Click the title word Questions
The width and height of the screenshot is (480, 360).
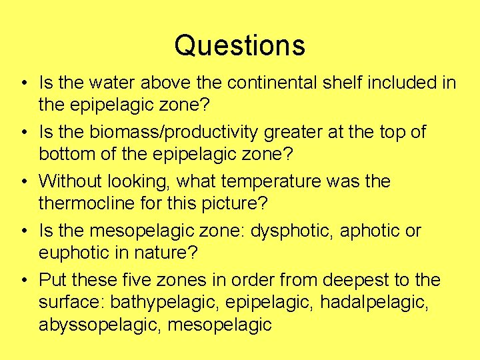tap(239, 45)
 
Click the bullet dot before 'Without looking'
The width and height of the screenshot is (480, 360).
tap(24, 182)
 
